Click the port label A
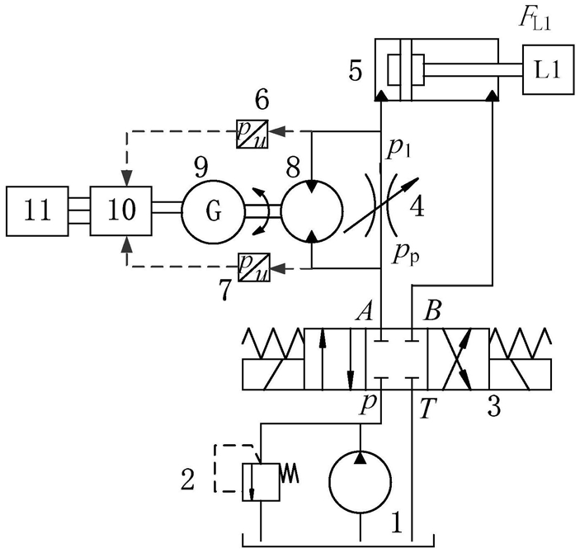364,312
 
